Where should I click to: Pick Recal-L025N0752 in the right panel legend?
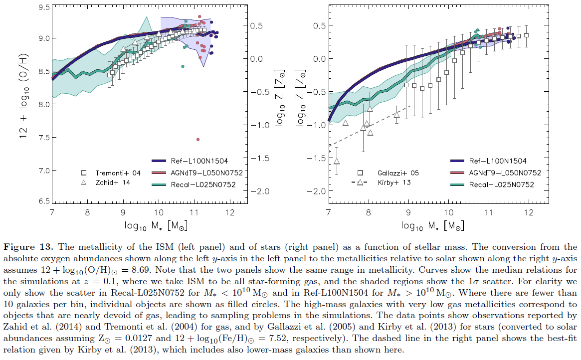tap(501, 184)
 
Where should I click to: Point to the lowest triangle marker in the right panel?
tap(337, 161)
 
